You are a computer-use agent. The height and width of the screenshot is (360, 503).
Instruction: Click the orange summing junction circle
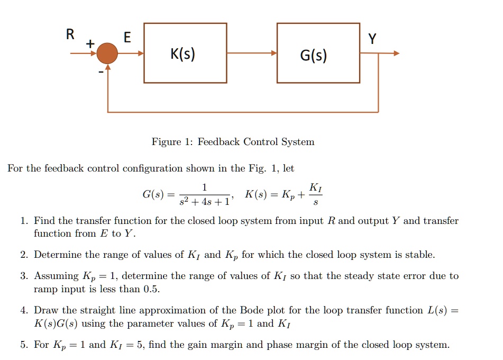(108, 53)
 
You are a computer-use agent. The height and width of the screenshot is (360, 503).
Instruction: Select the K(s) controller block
(185, 53)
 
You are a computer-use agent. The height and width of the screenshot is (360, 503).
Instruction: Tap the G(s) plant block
(318, 53)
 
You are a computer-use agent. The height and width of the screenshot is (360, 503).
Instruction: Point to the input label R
(70, 35)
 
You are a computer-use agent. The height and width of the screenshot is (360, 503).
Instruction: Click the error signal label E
(127, 37)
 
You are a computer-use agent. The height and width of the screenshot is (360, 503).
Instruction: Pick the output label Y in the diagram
(373, 39)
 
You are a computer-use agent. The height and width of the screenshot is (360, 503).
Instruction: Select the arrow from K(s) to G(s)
(252, 53)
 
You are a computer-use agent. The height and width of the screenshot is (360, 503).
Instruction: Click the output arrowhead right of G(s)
(396, 53)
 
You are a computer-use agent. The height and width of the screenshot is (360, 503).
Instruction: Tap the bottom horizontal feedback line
(243, 112)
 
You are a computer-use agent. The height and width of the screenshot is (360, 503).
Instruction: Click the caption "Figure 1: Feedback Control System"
(233, 142)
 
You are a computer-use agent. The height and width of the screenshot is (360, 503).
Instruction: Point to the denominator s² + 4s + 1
(205, 202)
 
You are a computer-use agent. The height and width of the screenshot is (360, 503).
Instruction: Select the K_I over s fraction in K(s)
(315, 194)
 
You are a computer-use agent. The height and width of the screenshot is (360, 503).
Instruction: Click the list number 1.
(23, 221)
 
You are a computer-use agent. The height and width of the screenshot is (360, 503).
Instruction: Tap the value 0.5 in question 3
(151, 289)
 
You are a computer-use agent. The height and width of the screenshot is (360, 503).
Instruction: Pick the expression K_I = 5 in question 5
(127, 345)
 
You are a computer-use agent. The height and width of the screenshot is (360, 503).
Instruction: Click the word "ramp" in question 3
(46, 289)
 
